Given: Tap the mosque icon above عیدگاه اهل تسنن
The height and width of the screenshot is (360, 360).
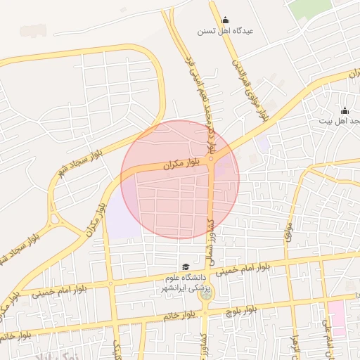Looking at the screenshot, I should click(225, 20).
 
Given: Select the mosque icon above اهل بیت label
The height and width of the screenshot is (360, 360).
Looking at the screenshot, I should click(345, 110).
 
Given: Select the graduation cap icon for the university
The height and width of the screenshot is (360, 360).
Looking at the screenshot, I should click(185, 267).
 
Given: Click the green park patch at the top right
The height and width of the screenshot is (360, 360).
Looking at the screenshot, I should click(310, 7).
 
